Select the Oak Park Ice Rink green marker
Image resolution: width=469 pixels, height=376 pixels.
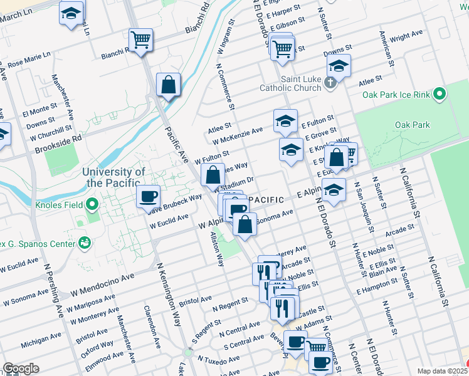tap(440, 95)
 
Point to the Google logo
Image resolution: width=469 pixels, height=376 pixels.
tap(21, 368)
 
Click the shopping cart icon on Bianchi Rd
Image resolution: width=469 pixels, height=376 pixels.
tap(141, 41)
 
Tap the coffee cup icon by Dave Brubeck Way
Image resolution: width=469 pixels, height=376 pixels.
tap(149, 197)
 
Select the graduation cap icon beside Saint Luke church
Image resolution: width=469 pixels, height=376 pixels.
tap(338, 66)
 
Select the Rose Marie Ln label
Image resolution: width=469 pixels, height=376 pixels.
tap(28, 61)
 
